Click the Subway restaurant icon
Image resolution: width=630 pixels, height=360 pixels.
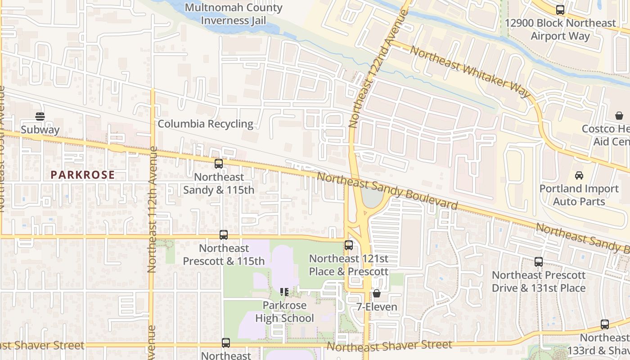click(x=40, y=117)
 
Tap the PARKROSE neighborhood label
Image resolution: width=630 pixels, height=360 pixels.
click(x=82, y=175)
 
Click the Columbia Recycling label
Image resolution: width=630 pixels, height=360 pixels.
click(x=205, y=124)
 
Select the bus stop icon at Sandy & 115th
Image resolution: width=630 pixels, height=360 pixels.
click(x=219, y=164)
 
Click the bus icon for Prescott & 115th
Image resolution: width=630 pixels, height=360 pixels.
click(x=224, y=235)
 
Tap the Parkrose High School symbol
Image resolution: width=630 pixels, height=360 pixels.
click(x=284, y=292)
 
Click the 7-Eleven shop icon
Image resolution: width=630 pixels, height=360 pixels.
click(x=377, y=294)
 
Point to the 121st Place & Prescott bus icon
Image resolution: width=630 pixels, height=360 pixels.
click(x=349, y=245)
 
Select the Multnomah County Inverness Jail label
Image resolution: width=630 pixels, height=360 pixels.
click(x=234, y=14)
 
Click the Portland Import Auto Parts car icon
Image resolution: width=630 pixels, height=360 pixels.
click(x=579, y=175)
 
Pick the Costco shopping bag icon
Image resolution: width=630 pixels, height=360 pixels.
click(x=619, y=116)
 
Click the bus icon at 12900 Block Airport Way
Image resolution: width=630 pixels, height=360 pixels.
click(x=560, y=9)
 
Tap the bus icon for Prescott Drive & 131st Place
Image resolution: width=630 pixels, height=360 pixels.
click(x=539, y=262)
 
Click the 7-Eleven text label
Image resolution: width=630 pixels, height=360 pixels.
click(x=377, y=307)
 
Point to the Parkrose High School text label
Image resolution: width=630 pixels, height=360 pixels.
click(x=284, y=312)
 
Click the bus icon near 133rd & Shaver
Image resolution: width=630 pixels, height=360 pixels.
click(x=605, y=324)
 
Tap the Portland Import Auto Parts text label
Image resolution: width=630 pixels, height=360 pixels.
click(x=579, y=195)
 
